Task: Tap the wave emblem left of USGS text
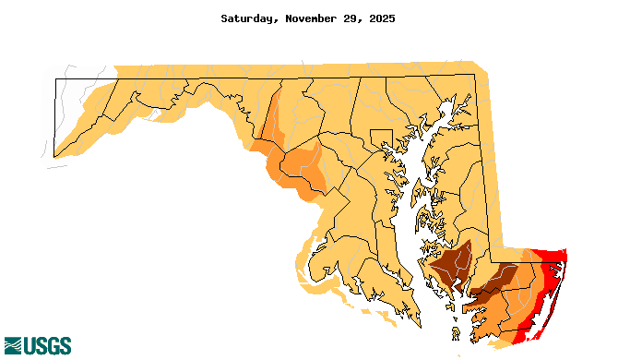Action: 13,346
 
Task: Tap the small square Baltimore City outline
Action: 381,138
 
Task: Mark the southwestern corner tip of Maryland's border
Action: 53,157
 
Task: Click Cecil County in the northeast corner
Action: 466,97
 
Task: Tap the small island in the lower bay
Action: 457,330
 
